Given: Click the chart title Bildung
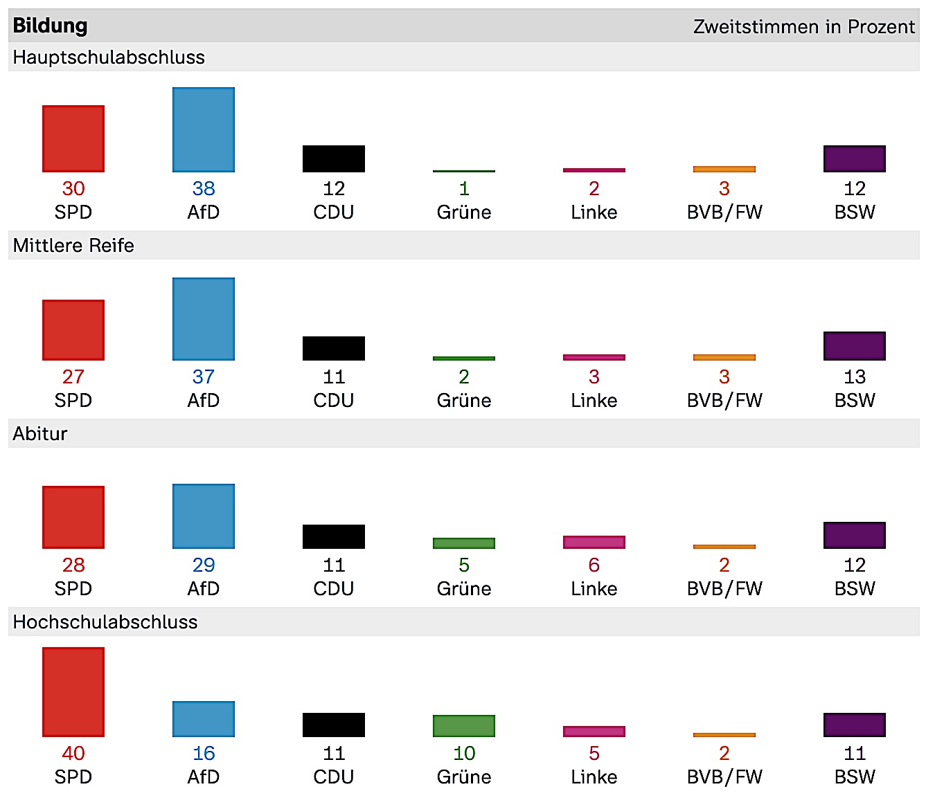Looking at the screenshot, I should [50, 26].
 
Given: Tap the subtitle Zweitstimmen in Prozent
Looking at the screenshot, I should [803, 27].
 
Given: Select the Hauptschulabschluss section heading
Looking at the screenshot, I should [109, 57].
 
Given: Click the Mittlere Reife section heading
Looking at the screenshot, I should [73, 246].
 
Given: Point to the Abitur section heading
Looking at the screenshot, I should [40, 434].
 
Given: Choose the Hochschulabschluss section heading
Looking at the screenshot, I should [105, 622].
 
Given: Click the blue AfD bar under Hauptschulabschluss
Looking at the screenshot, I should [204, 129].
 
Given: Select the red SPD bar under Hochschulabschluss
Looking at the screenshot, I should [73, 692].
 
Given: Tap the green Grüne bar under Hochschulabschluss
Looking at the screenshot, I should [464, 726].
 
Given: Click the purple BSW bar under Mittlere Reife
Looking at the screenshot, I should [855, 346].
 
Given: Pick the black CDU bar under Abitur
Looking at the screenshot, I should [334, 536].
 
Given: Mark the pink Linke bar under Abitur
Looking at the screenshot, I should [594, 542].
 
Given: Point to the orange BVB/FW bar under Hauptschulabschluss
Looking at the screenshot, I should [724, 169].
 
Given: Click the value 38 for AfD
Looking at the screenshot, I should [204, 189].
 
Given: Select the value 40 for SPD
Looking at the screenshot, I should [73, 754].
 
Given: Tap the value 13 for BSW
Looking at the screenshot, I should [855, 377].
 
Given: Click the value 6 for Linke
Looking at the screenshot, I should [594, 565].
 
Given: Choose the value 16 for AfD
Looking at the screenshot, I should [204, 754].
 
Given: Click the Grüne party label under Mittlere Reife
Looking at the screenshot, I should [464, 401].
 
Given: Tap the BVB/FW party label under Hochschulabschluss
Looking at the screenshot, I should [724, 777].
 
